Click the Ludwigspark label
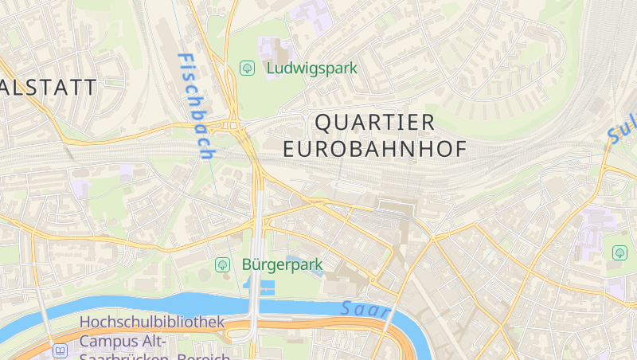pos(312,68)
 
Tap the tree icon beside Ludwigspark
pos(247,68)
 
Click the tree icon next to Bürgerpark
pos(224,264)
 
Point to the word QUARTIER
pos(376,123)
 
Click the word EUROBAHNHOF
pos(375,149)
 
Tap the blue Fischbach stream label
pos(196,105)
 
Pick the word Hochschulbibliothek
pos(151,323)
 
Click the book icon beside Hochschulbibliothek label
pos(61,350)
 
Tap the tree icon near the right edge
pos(619,252)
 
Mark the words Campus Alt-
pos(123,342)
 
